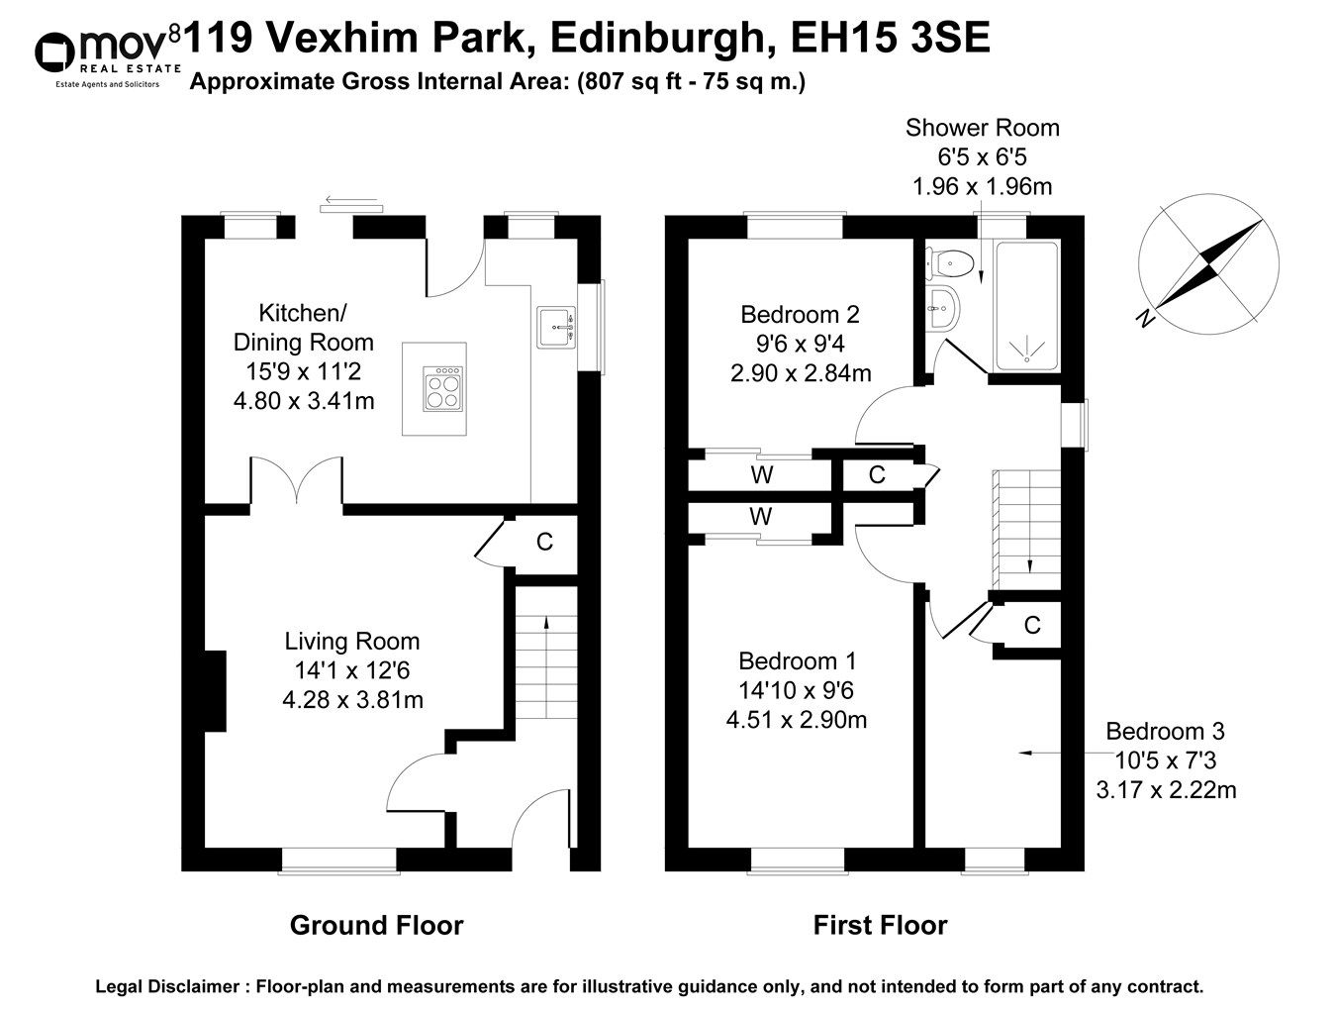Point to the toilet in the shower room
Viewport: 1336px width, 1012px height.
click(949, 263)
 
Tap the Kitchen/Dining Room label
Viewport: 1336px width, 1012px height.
click(303, 328)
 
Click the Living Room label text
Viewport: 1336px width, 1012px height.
click(352, 642)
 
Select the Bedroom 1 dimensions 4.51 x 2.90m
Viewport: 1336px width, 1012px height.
click(797, 720)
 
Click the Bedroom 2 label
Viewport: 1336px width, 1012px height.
click(800, 315)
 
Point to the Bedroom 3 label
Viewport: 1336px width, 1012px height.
click(1165, 732)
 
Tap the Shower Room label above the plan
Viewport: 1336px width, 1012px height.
click(982, 128)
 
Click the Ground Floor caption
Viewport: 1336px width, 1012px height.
click(376, 926)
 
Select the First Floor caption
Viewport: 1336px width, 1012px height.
click(880, 926)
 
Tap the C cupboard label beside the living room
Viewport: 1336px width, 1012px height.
click(544, 543)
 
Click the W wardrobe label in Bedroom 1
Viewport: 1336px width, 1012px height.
click(760, 517)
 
